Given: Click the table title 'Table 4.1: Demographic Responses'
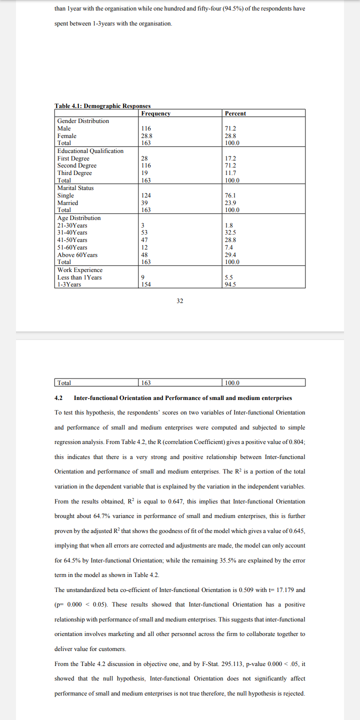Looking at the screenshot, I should pos(102,106).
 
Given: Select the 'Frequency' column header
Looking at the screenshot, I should pos(156,113).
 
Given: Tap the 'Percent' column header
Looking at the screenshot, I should pos(235,113).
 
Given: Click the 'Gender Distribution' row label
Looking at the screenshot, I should pos(83,121).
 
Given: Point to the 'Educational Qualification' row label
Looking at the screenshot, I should pos(90,151).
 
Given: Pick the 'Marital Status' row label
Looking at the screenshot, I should pos(75,188).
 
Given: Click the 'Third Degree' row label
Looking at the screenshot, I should pos(74,173).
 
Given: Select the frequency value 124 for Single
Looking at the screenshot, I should pos(146,195).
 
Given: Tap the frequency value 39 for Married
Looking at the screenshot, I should pos(144,203).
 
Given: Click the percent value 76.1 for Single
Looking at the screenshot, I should pos(230,195).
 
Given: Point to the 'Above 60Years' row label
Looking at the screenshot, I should pos(77,255).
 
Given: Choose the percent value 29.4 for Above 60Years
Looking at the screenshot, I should pos(230,255).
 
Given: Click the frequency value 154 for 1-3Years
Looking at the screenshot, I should pos(146,284).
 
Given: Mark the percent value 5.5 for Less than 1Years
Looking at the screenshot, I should pos(229,277).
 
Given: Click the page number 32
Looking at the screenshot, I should pos(180,301).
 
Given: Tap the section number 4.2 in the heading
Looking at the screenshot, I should pos(58,398).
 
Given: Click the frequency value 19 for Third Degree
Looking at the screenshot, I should pos(144,173).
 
